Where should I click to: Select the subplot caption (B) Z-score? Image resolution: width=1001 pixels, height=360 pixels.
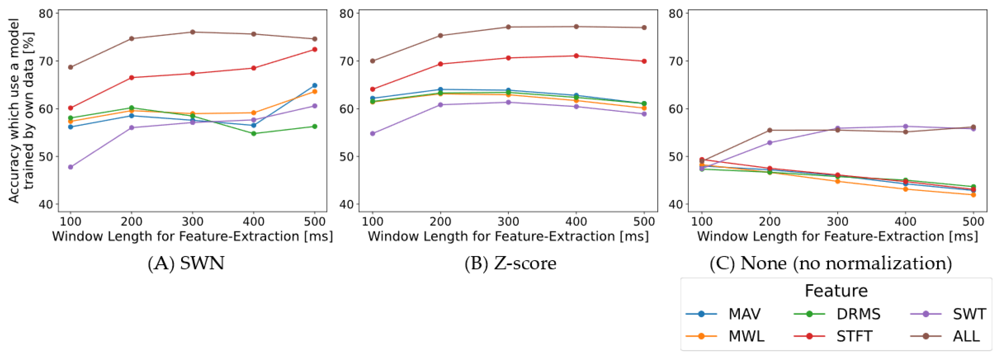[510, 263]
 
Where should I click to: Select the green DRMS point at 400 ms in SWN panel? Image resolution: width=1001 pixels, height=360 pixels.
[254, 133]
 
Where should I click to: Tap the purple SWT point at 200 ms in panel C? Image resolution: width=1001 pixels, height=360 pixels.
[769, 143]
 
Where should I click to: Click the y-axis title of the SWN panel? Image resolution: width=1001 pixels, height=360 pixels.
[21, 111]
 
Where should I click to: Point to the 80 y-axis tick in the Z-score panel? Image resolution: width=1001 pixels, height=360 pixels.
[347, 14]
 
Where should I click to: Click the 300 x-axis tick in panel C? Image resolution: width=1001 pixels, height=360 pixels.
[837, 222]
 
